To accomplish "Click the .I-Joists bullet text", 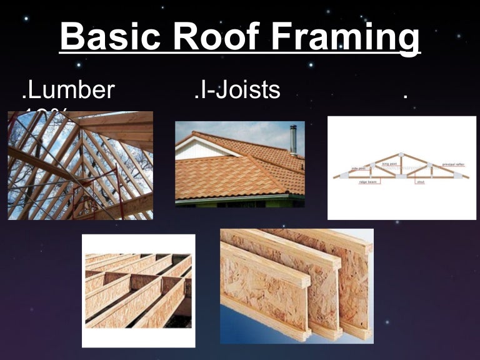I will (x=237, y=91).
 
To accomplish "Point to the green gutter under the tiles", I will (x=237, y=199).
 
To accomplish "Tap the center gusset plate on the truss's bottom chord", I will (x=401, y=176).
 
